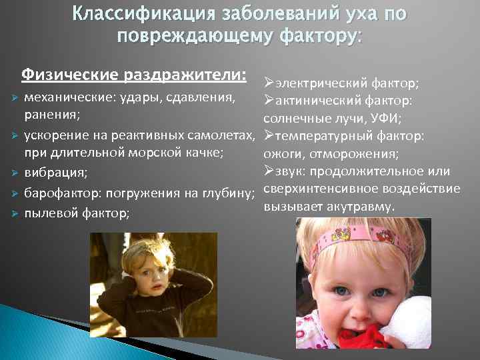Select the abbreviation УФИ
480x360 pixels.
393,119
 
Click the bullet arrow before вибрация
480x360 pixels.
13,173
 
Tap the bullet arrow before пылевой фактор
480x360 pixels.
13,214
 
